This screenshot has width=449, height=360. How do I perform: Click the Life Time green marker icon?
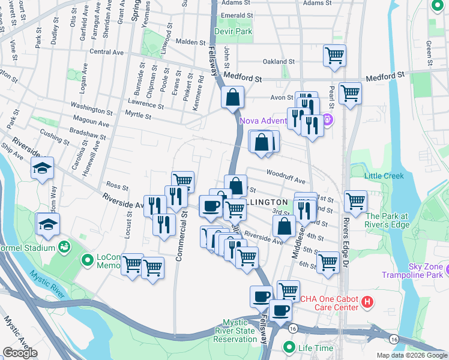point(289,347)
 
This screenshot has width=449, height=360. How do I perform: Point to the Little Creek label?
point(384,175)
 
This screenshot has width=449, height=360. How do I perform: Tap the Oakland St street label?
point(279,61)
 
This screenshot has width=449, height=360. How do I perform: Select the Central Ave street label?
point(106,52)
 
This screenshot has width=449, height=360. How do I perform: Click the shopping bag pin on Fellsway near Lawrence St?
point(232,98)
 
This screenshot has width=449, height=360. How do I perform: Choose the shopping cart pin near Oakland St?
point(334,56)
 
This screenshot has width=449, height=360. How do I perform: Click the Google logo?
point(20,352)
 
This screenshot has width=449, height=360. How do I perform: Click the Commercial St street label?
point(178,238)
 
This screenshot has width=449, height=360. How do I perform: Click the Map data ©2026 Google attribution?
point(411,355)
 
